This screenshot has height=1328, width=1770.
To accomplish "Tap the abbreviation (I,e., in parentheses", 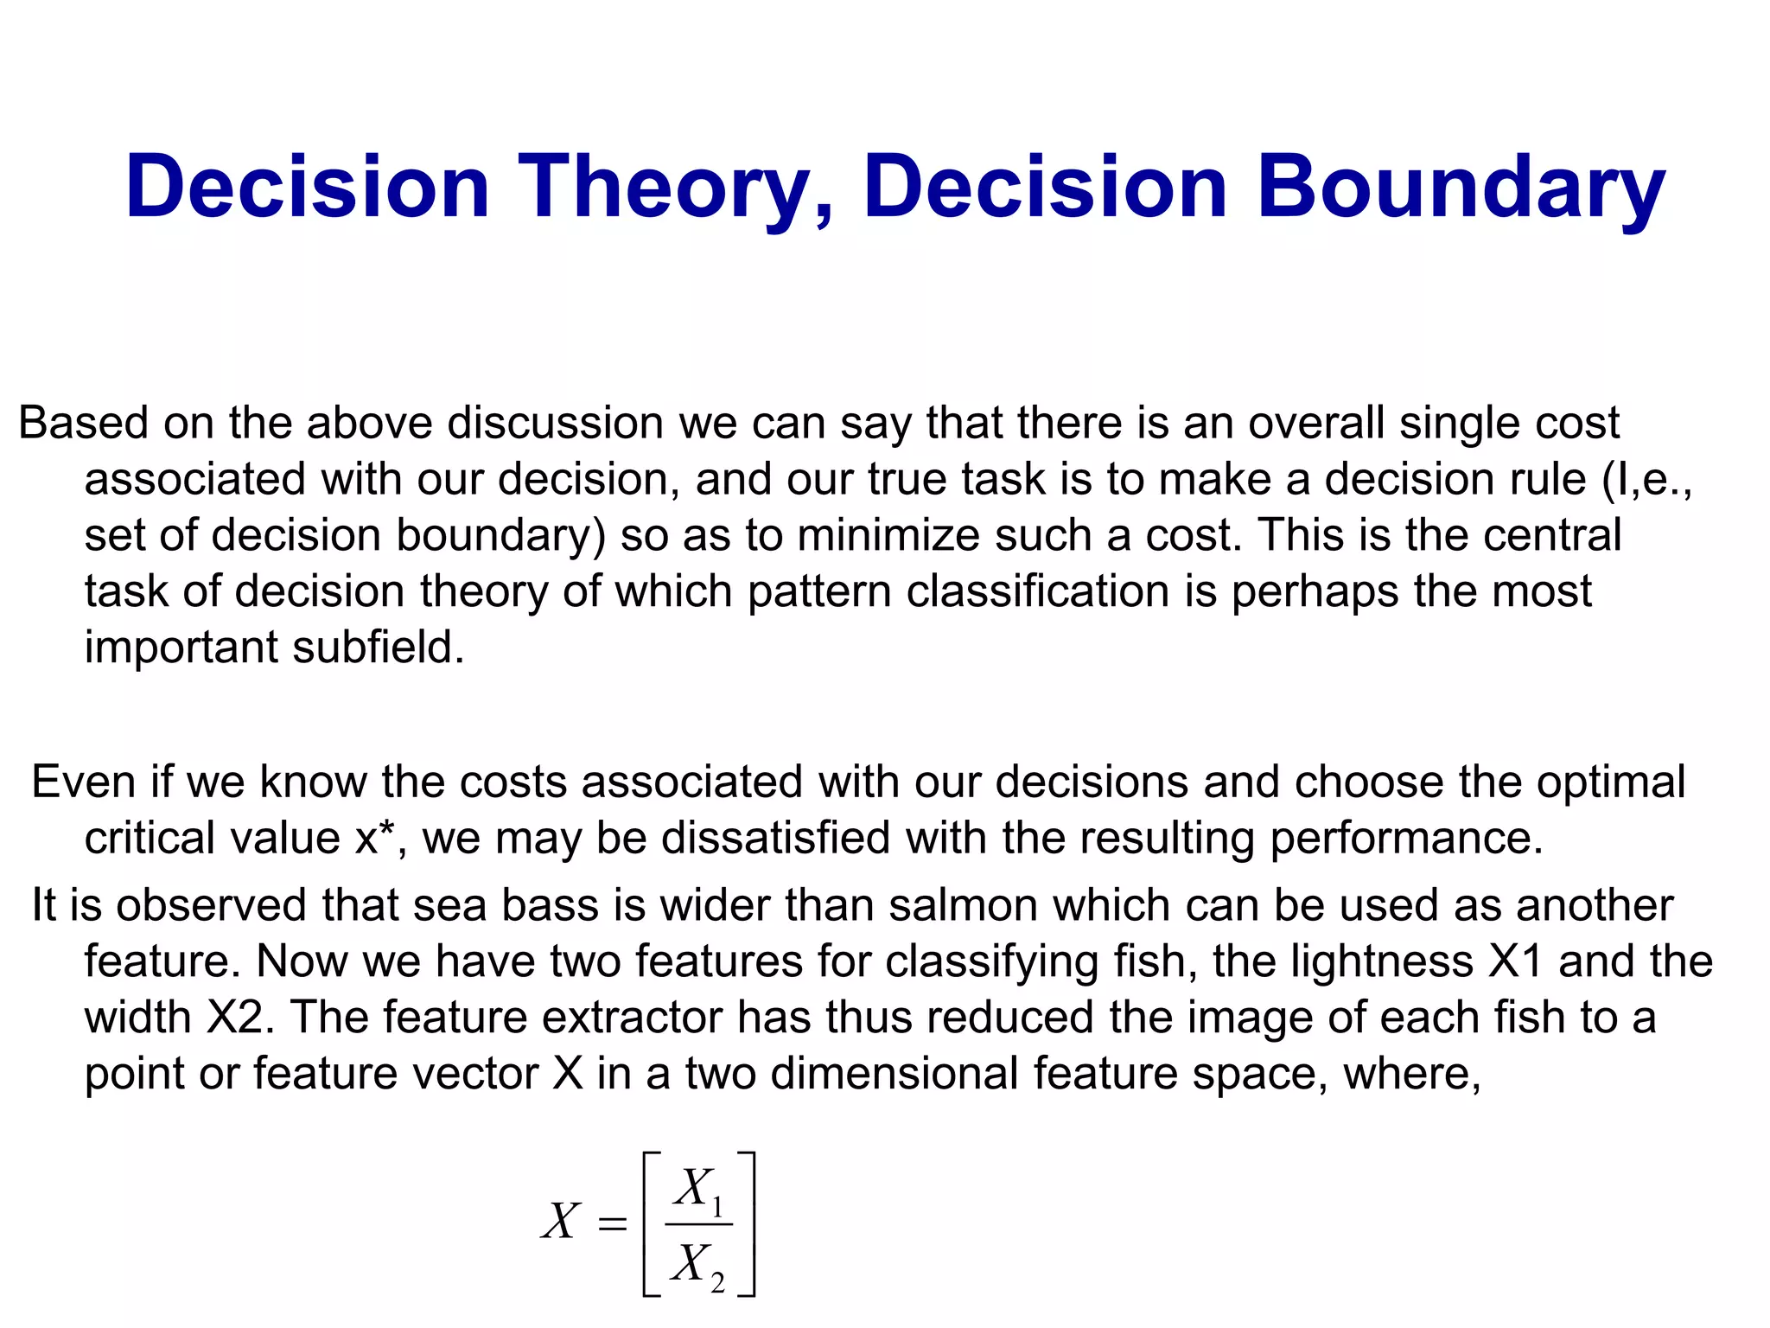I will coord(1646,480).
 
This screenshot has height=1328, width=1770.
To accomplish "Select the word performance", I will coord(1406,838).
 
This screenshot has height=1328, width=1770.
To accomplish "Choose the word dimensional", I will coord(894,1074).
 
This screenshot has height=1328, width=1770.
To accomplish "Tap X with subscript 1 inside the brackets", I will coord(698,1188).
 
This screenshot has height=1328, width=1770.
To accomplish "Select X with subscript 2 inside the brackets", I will coord(698,1264).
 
